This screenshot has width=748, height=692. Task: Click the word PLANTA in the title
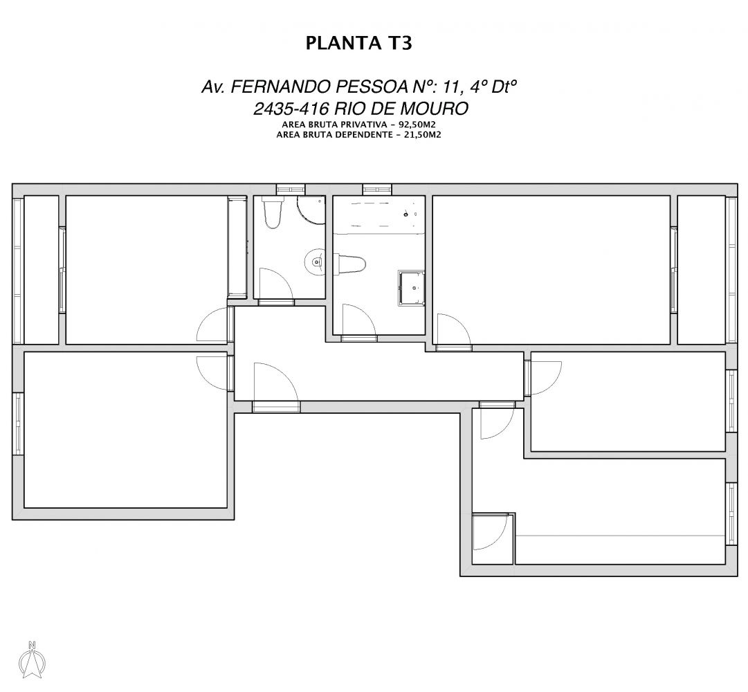click(x=342, y=43)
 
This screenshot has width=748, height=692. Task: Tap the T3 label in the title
click(x=397, y=43)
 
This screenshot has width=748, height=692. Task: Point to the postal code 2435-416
click(x=291, y=109)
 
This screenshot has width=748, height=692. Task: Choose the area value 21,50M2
click(x=421, y=134)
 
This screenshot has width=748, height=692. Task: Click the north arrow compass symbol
click(x=33, y=659)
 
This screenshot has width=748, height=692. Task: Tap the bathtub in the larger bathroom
click(x=378, y=215)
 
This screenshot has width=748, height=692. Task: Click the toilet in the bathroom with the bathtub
click(x=351, y=264)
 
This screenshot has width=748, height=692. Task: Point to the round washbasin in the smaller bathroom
click(x=316, y=262)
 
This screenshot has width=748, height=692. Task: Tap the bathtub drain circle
click(x=405, y=215)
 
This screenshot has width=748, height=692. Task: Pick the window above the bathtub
click(x=377, y=189)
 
